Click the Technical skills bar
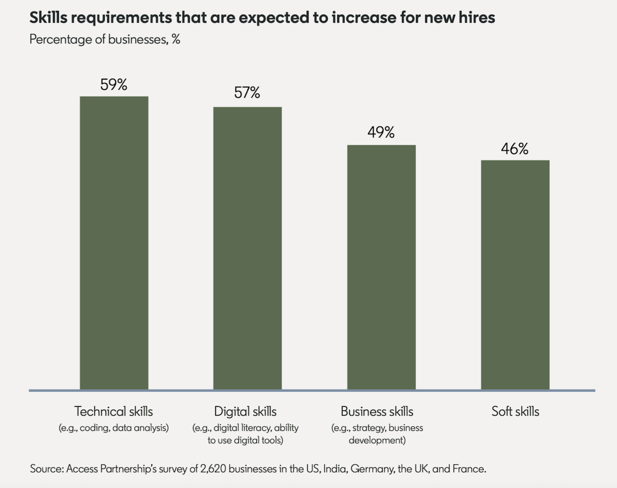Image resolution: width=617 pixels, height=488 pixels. (x=114, y=243)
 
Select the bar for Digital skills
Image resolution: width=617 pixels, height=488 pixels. (x=247, y=248)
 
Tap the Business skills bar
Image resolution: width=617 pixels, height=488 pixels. (x=381, y=267)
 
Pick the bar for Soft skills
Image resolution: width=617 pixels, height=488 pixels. (x=515, y=275)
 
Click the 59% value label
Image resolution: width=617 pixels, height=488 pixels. (x=114, y=85)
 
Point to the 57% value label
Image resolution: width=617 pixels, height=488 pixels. (x=247, y=93)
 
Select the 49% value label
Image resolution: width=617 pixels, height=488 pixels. (x=381, y=132)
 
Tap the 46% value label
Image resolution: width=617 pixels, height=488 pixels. (x=515, y=149)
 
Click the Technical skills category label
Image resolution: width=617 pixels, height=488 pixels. (x=114, y=411)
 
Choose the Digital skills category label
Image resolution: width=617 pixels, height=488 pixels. (x=245, y=411)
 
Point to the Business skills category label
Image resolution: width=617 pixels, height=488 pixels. (x=377, y=411)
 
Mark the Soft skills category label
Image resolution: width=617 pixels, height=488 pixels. (x=515, y=411)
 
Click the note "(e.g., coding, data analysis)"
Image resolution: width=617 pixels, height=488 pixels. (x=114, y=428)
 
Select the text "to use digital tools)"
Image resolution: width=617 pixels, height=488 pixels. (x=245, y=440)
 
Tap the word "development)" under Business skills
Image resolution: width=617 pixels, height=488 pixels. (x=377, y=440)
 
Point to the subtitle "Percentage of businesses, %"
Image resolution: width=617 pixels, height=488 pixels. (x=105, y=40)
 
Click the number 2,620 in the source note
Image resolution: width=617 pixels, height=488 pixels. (x=213, y=469)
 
